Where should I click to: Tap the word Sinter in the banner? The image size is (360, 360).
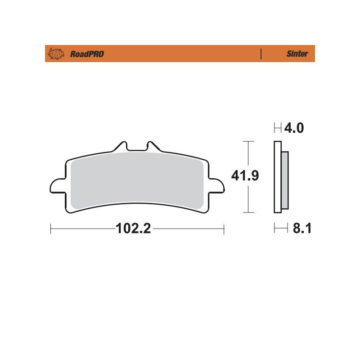(297, 54)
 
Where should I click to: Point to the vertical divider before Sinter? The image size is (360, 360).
(261, 54)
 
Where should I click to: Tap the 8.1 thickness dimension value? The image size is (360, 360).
(302, 229)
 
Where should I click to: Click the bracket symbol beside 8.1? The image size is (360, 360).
(281, 229)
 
